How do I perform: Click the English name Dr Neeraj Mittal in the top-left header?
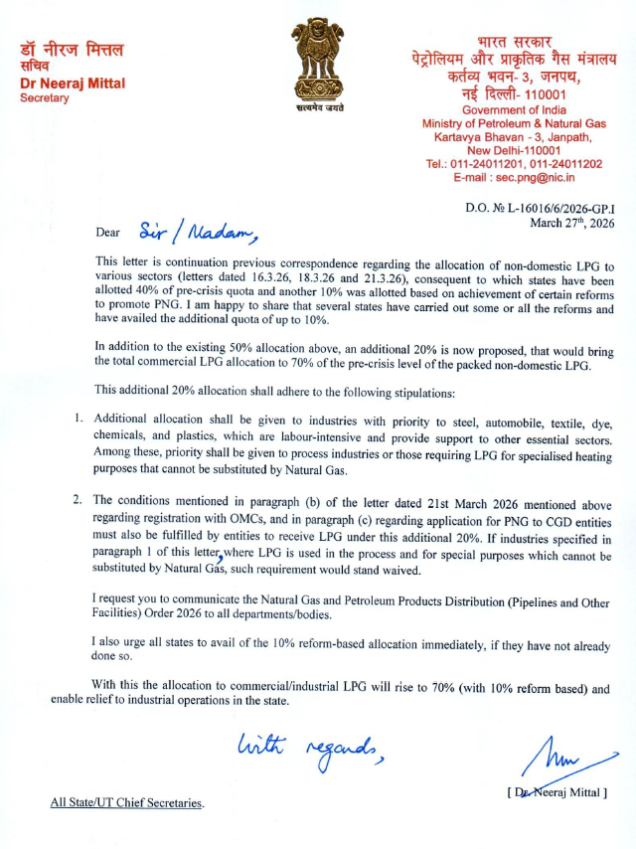pyautogui.click(x=73, y=83)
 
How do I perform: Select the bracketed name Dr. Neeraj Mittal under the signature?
pyautogui.click(x=556, y=792)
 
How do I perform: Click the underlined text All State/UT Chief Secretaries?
pyautogui.click(x=128, y=802)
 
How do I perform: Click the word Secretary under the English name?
pyautogui.click(x=45, y=97)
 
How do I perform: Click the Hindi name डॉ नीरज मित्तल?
pyautogui.click(x=66, y=49)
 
